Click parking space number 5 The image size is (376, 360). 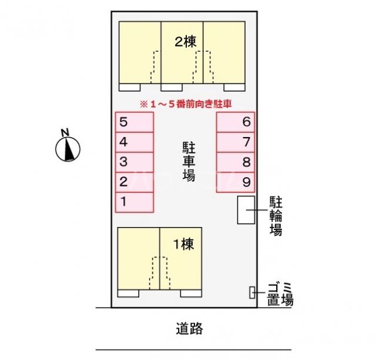[134, 122]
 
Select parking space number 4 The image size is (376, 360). [134, 142]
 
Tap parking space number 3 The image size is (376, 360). [134, 161]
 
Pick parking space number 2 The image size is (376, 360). [134, 181]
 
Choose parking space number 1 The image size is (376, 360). [134, 201]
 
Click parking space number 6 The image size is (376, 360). [235, 122]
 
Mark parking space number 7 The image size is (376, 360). [235, 142]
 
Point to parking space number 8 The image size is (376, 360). [235, 161]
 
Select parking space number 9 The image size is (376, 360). [235, 181]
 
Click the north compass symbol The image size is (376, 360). [68, 149]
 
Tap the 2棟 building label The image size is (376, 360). [185, 42]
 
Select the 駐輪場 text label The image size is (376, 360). [276, 215]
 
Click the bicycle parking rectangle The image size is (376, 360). [246, 209]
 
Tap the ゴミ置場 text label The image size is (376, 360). [280, 294]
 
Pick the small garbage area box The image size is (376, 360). [253, 292]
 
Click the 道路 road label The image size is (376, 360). [189, 329]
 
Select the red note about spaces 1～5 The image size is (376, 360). [185, 104]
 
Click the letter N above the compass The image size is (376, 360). [66, 131]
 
